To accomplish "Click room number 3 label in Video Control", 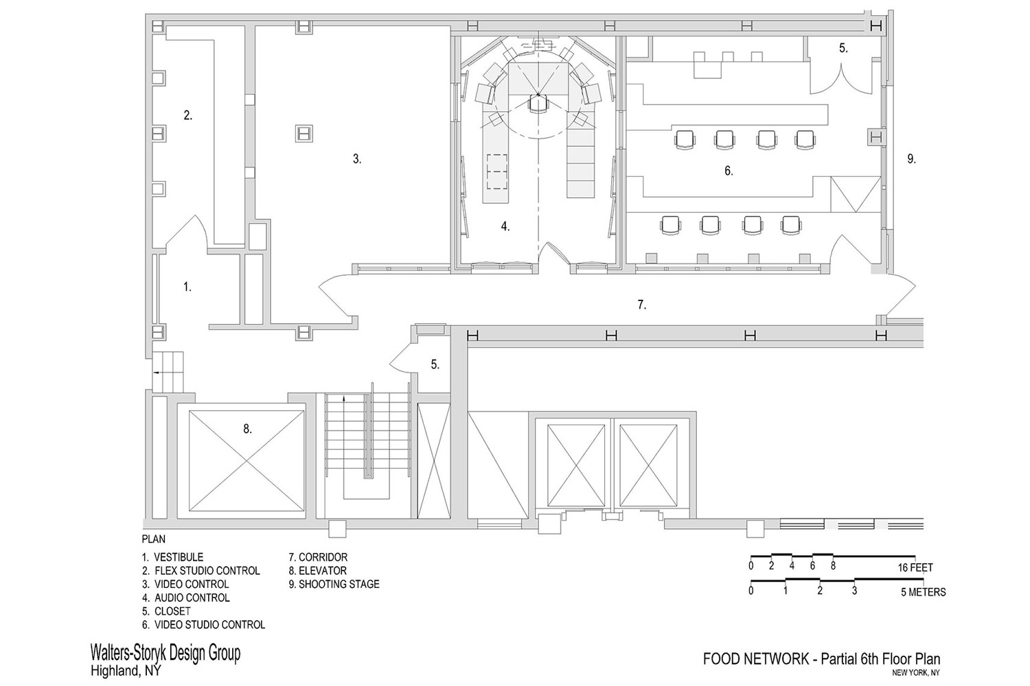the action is (357, 159).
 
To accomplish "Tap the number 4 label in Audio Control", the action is (505, 226).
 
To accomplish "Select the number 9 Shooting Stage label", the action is (911, 159).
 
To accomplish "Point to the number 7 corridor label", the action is (642, 304).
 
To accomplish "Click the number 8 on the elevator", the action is (247, 429).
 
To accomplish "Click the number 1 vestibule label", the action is (187, 287).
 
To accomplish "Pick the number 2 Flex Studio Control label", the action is (187, 115).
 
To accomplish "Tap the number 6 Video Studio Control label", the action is (729, 171).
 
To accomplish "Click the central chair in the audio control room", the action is (538, 103).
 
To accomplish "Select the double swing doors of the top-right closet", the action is (841, 80).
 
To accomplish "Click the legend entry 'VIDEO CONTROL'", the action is (192, 584).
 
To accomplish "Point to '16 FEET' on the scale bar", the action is (915, 567).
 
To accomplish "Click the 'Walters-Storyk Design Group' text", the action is (165, 653).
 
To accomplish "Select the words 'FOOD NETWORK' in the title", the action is (756, 659).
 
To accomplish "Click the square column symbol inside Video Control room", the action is (304, 134).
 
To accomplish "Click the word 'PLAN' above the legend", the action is (154, 539).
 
